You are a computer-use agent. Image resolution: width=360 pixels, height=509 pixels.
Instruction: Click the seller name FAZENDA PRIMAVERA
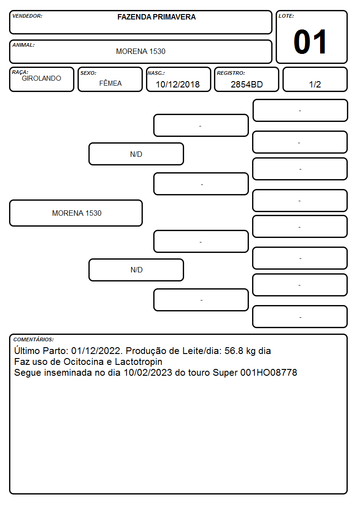(156, 17)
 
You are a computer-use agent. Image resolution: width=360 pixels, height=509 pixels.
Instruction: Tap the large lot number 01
(310, 42)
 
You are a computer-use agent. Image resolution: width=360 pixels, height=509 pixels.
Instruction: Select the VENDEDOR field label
(27, 16)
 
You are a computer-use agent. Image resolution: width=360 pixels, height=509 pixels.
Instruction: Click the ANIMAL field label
(24, 45)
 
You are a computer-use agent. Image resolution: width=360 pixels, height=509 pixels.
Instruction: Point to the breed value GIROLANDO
(41, 78)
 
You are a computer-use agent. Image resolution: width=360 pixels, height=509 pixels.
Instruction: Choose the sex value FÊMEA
(110, 83)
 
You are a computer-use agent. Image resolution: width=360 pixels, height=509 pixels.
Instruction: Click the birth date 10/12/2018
(178, 84)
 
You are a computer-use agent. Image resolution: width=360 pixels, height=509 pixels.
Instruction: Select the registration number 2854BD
(247, 84)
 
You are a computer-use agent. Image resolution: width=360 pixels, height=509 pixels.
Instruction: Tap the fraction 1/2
(315, 84)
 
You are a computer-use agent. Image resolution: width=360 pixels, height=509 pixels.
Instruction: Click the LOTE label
(286, 16)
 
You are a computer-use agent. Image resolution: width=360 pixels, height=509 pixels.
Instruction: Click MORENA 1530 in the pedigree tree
(77, 213)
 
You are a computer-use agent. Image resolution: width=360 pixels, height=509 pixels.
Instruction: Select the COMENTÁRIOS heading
(34, 339)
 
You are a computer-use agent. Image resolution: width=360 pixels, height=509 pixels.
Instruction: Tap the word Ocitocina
(83, 362)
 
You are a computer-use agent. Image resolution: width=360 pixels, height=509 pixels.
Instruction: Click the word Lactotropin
(139, 362)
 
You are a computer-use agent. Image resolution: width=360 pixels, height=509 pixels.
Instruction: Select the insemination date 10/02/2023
(148, 372)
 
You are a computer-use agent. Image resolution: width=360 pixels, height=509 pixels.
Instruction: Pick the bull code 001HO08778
(269, 372)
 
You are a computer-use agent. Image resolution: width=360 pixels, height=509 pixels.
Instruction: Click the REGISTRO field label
(231, 73)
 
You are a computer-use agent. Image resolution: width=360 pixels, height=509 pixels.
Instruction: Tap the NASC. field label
(156, 73)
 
